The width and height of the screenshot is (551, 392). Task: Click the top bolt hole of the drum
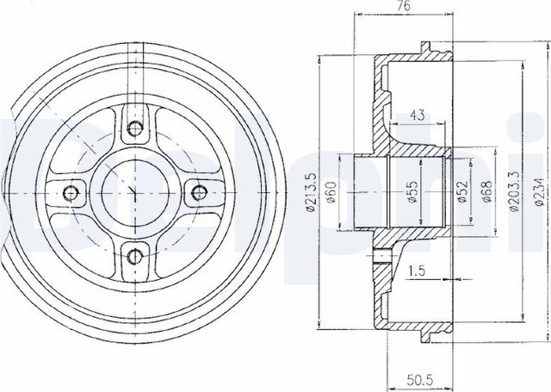click(133, 129)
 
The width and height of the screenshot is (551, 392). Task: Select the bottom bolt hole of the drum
click(133, 253)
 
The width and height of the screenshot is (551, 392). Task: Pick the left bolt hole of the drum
click(71, 191)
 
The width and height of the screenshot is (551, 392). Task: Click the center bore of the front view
click(133, 191)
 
